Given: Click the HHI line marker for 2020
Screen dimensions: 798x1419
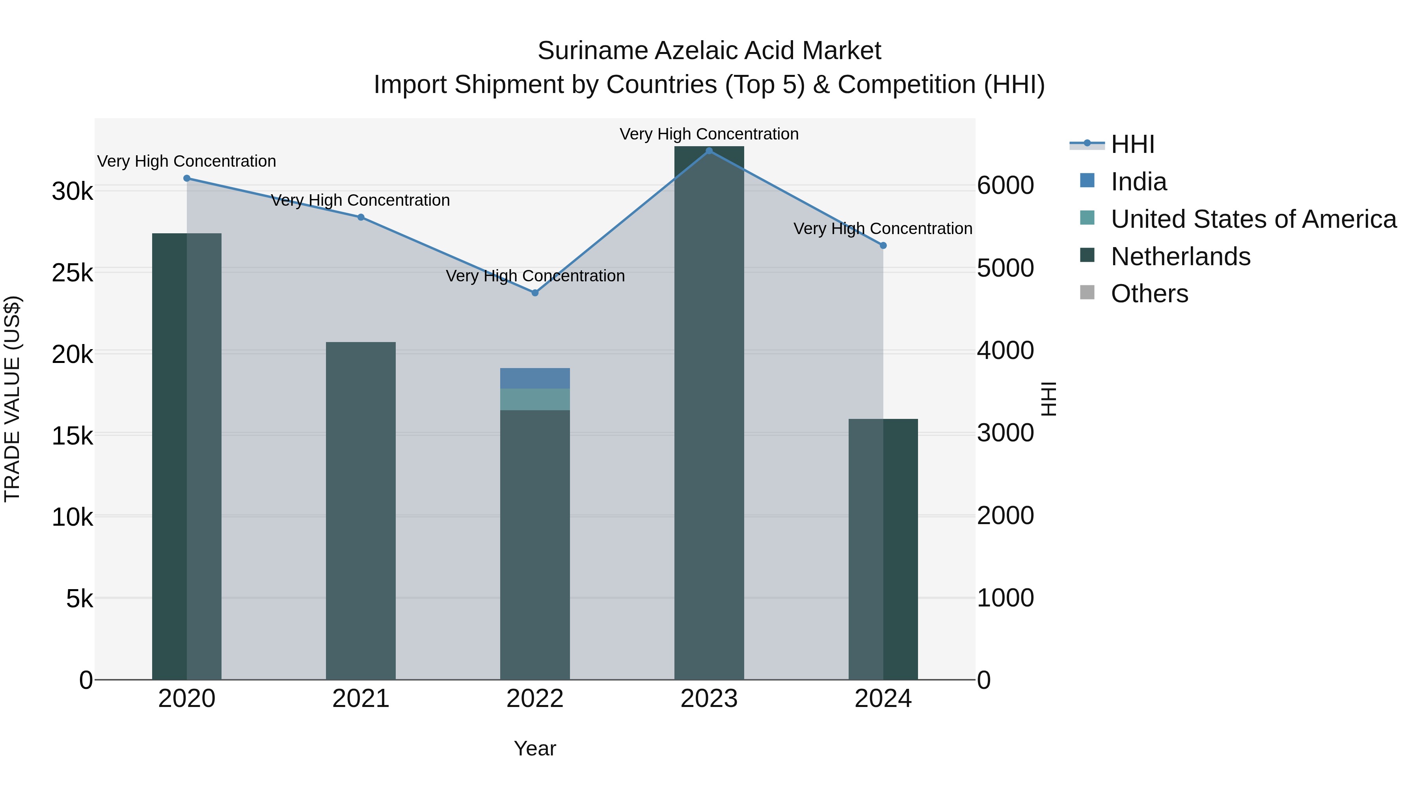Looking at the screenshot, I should point(187,179).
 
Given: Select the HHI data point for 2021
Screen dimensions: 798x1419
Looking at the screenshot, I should point(361,218).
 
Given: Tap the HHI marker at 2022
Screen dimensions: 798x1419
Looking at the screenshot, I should point(535,293).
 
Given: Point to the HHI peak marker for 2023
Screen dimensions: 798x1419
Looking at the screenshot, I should point(709,151).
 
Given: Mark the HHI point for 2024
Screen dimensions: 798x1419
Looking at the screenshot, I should point(883,246).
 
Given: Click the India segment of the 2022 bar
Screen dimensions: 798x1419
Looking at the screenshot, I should point(535,378).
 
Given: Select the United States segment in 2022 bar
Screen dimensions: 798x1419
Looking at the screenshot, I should point(535,399).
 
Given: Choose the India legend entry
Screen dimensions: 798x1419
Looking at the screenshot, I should point(1138,182).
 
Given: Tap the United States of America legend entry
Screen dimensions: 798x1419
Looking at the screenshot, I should point(1253,219).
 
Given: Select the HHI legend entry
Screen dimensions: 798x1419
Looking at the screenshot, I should point(1132,144).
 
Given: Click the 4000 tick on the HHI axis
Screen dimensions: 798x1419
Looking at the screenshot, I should point(1005,351).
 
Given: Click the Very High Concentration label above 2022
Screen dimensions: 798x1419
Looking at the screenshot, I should point(535,276).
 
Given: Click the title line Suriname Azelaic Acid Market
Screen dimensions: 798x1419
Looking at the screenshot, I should point(709,51).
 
